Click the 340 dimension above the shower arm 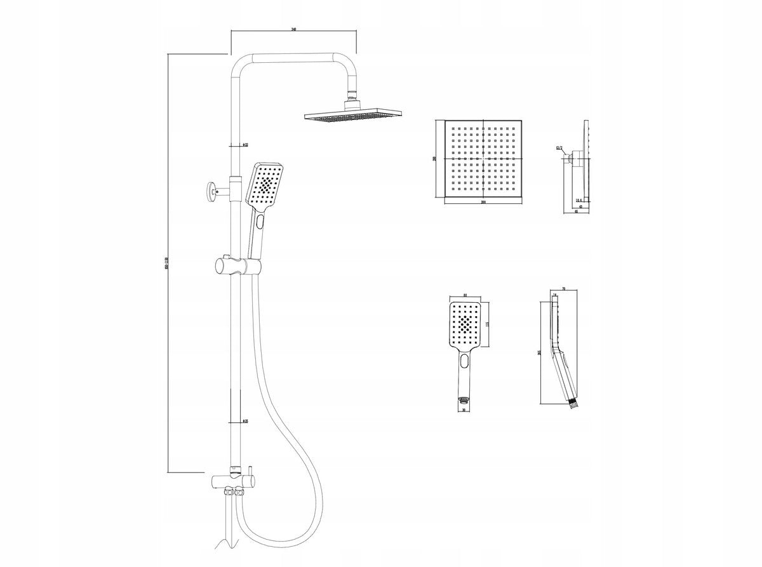(293, 29)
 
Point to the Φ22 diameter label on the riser (244, 145)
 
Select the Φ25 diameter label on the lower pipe (244, 420)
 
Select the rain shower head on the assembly (354, 117)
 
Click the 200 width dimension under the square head (483, 202)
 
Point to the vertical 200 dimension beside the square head (435, 158)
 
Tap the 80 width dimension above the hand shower (466, 295)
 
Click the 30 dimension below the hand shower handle (465, 410)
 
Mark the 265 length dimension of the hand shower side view (538, 353)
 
